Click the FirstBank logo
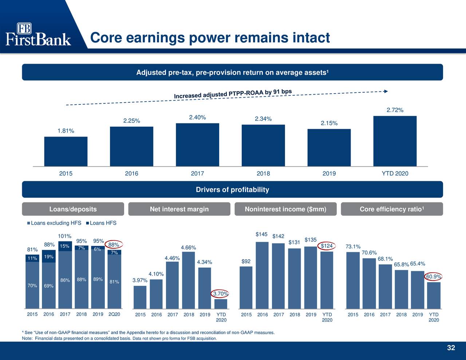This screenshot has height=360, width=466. [x=38, y=34]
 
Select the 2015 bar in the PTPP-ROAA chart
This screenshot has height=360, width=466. [x=66, y=151]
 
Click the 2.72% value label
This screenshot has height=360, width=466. [x=395, y=110]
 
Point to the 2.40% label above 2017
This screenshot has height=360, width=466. [x=197, y=117]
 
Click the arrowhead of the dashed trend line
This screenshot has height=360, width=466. [x=386, y=91]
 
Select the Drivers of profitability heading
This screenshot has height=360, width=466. [x=232, y=190]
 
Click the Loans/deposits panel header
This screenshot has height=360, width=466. [x=73, y=209]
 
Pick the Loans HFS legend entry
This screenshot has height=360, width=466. [x=101, y=223]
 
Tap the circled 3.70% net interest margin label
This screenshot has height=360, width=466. [x=221, y=294]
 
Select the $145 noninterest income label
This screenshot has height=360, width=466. [x=262, y=234]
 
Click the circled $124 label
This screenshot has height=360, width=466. [x=327, y=246]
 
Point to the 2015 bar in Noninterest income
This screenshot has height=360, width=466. [x=246, y=287]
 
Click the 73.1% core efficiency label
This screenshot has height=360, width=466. [x=353, y=246]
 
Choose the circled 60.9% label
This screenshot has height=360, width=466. [x=433, y=277]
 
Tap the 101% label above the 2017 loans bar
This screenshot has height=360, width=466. [x=65, y=236]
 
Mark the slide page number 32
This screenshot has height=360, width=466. [x=451, y=348]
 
